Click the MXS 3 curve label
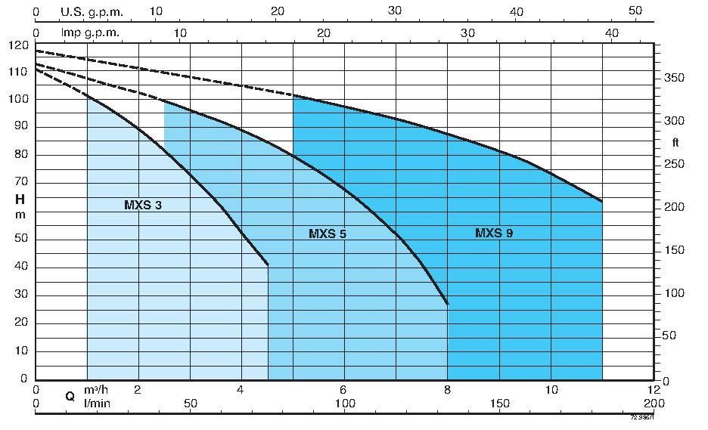143,205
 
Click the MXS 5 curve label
328,234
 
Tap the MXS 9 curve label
494,234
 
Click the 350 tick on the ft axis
675,79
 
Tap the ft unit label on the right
675,142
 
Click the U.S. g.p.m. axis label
92,12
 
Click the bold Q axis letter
70,396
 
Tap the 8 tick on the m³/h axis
448,390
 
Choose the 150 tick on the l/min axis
499,404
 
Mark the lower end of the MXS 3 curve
269,265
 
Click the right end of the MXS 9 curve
602,202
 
